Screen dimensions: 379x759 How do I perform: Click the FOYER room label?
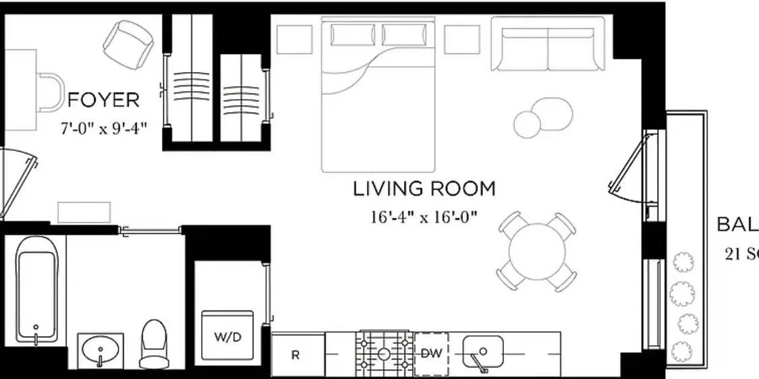click(x=104, y=100)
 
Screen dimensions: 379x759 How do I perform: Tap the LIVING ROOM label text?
click(x=424, y=189)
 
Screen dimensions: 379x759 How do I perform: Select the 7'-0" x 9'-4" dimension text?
click(x=103, y=127)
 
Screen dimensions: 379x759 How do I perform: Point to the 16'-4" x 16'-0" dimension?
click(x=424, y=217)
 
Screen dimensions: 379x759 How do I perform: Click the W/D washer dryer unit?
click(x=227, y=336)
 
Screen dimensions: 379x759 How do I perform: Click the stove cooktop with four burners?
click(x=384, y=353)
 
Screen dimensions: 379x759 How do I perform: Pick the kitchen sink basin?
click(x=482, y=351)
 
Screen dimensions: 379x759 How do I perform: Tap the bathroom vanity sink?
click(x=101, y=350)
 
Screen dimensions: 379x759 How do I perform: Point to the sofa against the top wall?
click(x=547, y=45)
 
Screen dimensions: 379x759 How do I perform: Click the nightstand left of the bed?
click(x=295, y=39)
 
